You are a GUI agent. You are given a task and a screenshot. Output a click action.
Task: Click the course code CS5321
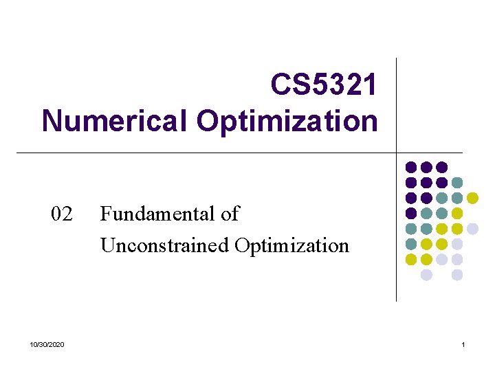pyautogui.click(x=324, y=85)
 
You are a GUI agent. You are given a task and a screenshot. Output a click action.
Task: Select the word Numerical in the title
pyautogui.click(x=115, y=121)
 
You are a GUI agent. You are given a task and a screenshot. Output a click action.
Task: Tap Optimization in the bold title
pyautogui.click(x=287, y=121)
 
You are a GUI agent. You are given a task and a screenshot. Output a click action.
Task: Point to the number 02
pyautogui.click(x=62, y=214)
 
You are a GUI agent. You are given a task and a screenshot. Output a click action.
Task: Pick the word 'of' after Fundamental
pyautogui.click(x=230, y=214)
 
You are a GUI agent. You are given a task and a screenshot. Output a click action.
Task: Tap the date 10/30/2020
pyautogui.click(x=48, y=344)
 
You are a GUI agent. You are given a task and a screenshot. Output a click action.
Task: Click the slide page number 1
pyautogui.click(x=463, y=344)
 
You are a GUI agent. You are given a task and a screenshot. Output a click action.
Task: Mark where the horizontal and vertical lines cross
pyautogui.click(x=397, y=153)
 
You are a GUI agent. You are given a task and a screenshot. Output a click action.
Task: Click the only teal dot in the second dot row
pyautogui.click(x=457, y=182)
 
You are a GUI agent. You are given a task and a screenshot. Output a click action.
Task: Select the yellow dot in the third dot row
pyautogui.click(x=472, y=198)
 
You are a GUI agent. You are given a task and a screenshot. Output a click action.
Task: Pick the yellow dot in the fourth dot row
pyautogui.click(x=457, y=213)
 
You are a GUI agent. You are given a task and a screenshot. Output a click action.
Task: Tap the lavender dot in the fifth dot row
pyautogui.click(x=472, y=229)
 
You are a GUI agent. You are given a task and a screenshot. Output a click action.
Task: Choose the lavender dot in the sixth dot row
pyautogui.click(x=457, y=244)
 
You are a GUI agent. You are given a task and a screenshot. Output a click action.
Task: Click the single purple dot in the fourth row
pyautogui.click(x=411, y=213)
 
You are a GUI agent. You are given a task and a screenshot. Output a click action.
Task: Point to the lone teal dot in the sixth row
pyautogui.click(x=411, y=244)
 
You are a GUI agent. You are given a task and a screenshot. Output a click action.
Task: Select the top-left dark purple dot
pyautogui.click(x=411, y=167)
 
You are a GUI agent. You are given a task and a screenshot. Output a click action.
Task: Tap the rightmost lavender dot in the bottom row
pyautogui.click(x=457, y=275)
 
